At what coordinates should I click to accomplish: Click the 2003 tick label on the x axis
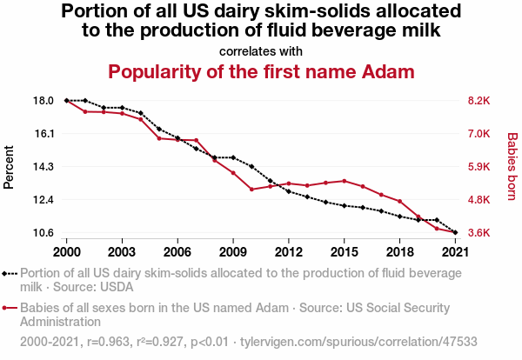tap(122, 251)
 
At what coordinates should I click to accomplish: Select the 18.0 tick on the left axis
tap(44, 101)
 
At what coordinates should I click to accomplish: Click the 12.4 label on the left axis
tap(44, 200)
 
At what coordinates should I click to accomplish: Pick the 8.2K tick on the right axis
tap(479, 101)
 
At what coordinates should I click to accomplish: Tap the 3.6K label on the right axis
tap(479, 233)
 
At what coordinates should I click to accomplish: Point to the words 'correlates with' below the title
tap(261, 50)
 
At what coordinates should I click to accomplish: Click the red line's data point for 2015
tap(345, 181)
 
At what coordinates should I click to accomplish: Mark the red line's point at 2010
tap(251, 189)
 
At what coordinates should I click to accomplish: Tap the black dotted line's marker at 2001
tap(84, 101)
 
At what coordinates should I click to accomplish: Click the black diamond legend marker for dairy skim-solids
tap(10, 272)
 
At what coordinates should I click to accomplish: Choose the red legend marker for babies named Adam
tap(10, 308)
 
